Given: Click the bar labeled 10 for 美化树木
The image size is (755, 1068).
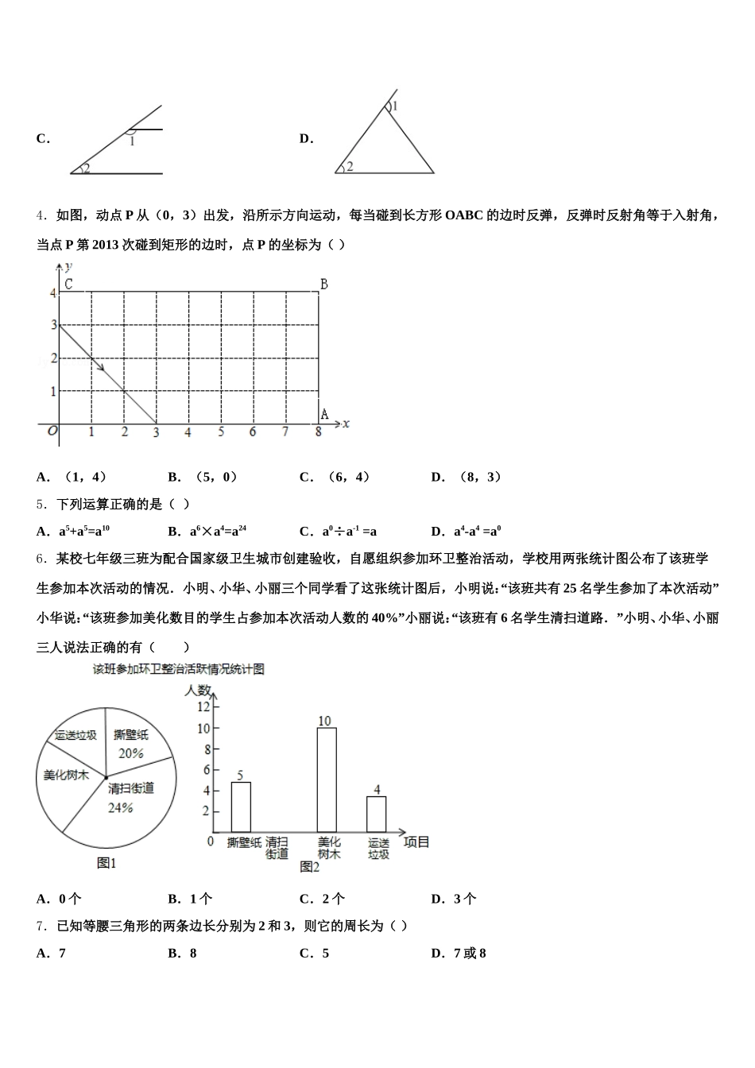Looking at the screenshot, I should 326,779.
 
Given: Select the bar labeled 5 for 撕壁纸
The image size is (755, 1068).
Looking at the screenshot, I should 241,807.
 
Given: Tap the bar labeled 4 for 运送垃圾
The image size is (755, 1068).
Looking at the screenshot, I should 376,814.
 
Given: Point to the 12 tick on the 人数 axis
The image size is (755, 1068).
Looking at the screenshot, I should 203,706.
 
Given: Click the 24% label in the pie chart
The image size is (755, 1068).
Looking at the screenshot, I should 120,807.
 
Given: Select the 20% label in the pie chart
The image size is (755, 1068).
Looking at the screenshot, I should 130,753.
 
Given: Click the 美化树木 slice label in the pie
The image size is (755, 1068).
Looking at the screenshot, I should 66,775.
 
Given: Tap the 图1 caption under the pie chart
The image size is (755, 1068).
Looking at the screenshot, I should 106,863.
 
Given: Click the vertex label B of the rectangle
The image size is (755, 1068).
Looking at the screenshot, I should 323,284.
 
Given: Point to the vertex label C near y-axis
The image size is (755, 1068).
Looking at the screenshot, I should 68,284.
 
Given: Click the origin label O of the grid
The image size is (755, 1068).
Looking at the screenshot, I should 52,431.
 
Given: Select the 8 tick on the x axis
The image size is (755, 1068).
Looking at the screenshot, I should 319,432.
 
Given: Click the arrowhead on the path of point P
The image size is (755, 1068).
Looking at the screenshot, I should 100,366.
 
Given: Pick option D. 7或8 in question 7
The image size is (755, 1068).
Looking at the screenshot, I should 459,953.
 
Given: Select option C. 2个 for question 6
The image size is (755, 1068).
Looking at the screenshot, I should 323,899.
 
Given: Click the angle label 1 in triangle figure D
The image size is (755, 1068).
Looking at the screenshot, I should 395,106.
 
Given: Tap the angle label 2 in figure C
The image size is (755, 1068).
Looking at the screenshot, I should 86,168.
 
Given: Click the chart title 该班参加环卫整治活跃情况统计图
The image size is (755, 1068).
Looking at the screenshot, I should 178,669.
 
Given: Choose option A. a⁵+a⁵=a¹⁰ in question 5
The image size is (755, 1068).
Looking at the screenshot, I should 74,531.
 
